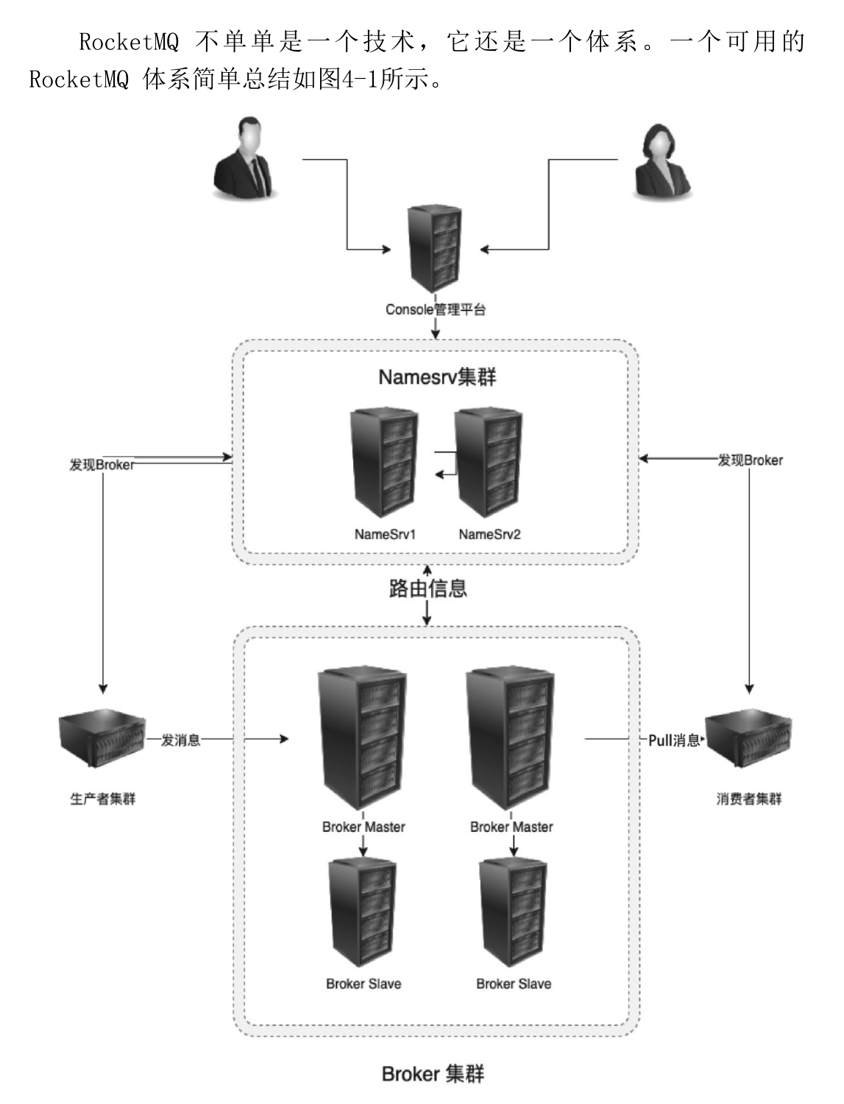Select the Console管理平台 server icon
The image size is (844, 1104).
pyautogui.click(x=436, y=249)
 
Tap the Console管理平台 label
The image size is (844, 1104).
pyautogui.click(x=436, y=310)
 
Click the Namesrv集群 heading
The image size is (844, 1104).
pyautogui.click(x=437, y=377)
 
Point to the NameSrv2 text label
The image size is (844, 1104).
pyautogui.click(x=489, y=535)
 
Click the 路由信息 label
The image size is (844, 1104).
pyautogui.click(x=428, y=588)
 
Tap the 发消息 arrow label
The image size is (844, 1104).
pyautogui.click(x=181, y=740)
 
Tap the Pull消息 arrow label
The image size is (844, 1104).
pyautogui.click(x=674, y=741)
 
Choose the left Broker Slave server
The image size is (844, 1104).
pyautogui.click(x=363, y=912)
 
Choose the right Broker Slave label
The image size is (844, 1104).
pyautogui.click(x=514, y=984)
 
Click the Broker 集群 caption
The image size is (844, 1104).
pyautogui.click(x=433, y=1075)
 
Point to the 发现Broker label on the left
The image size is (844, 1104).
pyautogui.click(x=102, y=465)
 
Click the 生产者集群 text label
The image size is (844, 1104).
pyautogui.click(x=102, y=799)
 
